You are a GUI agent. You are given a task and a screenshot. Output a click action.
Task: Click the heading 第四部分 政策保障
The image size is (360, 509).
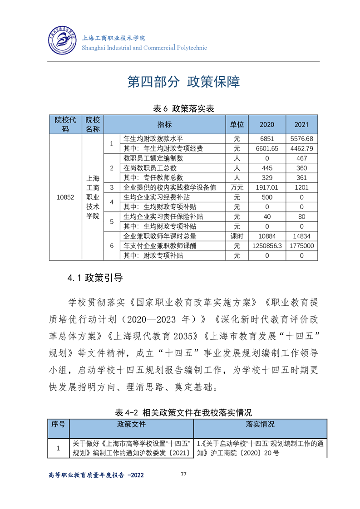(x=183, y=82)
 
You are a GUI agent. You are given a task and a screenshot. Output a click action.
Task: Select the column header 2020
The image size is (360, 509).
(x=267, y=124)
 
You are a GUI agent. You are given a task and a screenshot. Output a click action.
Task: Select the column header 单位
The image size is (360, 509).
(x=237, y=124)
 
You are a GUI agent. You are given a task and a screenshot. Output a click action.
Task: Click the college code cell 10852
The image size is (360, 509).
(x=65, y=197)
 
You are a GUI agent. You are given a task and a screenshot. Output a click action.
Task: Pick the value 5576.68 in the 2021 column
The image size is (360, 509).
(x=301, y=139)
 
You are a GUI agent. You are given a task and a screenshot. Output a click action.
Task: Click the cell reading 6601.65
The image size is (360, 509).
(x=267, y=148)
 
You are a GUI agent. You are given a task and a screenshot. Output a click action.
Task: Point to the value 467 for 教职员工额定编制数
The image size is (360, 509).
(x=301, y=158)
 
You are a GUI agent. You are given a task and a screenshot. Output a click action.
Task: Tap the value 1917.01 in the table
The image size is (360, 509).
(x=267, y=187)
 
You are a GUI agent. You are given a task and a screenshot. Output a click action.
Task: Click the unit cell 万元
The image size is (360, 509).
(x=237, y=187)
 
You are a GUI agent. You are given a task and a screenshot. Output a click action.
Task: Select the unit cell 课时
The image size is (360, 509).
(x=237, y=236)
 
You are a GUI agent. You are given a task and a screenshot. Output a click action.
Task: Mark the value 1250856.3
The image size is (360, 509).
(x=267, y=246)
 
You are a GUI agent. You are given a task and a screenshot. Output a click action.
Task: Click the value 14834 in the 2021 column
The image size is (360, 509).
(x=301, y=236)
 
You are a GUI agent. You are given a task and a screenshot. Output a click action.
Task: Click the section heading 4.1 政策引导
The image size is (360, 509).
(x=95, y=278)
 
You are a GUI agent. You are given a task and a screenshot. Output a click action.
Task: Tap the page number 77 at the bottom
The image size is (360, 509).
(x=184, y=474)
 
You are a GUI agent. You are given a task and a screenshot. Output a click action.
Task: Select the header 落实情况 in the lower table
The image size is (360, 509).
(x=260, y=424)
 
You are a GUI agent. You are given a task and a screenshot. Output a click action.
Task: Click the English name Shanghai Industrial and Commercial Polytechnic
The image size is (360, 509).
(x=144, y=48)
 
